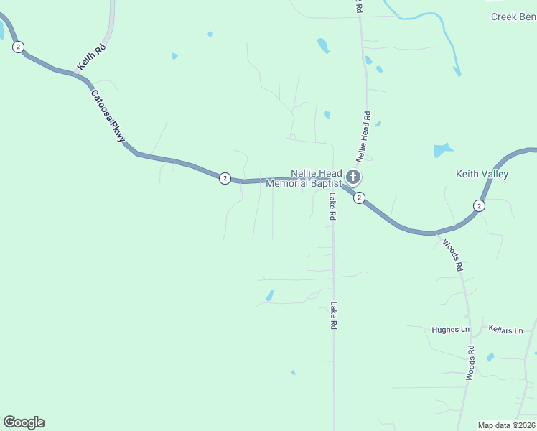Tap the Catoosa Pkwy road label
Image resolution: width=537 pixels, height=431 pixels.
point(108,116)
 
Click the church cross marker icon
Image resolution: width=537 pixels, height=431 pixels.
point(352,177)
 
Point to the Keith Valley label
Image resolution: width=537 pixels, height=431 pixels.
point(482,174)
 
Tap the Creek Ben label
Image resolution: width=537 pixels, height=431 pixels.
point(513,17)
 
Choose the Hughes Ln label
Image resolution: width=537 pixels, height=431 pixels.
point(450,330)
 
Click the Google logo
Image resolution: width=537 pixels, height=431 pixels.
point(24,422)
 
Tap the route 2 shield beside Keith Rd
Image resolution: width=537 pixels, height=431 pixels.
point(18,47)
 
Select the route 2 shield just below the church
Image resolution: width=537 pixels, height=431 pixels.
point(359,198)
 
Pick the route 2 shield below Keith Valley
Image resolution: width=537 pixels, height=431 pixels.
point(479,205)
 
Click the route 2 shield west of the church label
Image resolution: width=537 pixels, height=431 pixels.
point(225,178)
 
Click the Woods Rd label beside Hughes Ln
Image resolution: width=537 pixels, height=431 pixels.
point(471,363)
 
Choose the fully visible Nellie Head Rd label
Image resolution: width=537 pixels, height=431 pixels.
point(363,135)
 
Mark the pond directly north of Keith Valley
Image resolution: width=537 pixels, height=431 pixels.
point(442,150)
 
